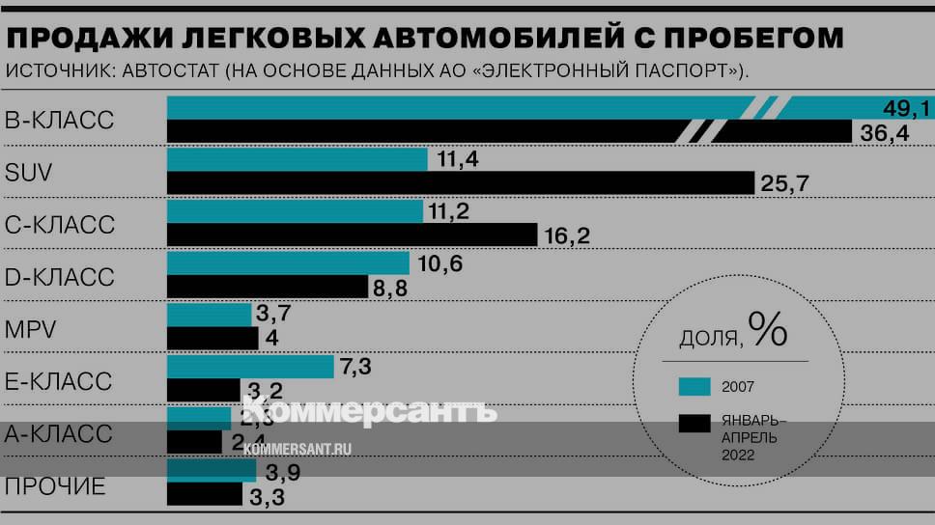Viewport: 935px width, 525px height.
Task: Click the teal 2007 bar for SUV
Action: [297, 159]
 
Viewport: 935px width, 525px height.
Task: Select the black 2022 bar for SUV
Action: [460, 182]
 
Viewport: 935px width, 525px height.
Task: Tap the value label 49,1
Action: [905, 108]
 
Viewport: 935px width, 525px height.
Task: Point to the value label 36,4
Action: [885, 132]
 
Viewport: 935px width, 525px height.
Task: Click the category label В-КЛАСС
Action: [60, 121]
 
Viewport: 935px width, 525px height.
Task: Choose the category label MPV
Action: [31, 329]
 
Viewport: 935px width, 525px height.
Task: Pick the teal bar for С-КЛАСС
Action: [295, 211]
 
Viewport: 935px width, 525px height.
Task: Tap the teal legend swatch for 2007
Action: [694, 387]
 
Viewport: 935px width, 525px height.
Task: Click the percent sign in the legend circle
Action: [769, 331]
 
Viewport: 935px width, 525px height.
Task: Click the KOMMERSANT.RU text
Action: [298, 449]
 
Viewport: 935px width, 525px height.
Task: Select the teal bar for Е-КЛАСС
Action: [250, 367]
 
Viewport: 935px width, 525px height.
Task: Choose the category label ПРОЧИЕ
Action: [55, 486]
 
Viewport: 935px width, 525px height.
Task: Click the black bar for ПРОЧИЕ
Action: [205, 494]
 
